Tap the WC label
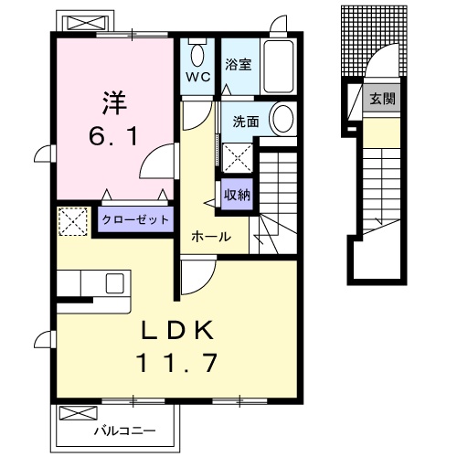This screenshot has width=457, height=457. pos(199,77)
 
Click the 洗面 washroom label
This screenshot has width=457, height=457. pos(245,122)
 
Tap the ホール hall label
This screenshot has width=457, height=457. pos(210,237)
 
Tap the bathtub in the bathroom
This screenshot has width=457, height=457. pos(277,64)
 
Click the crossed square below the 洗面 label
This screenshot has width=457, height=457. pos(237,158)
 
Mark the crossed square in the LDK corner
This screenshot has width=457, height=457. pos(71,221)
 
